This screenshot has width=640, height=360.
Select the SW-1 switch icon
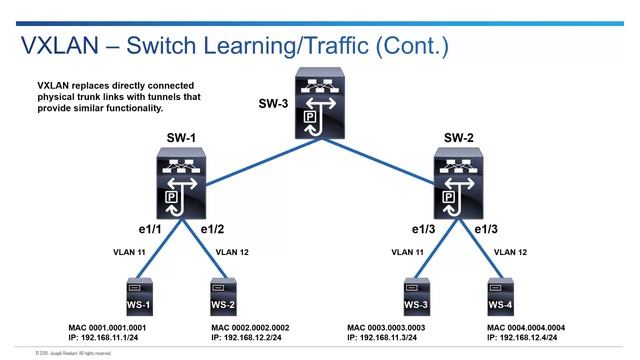(x=182, y=183)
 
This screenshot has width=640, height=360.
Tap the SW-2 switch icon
(x=459, y=183)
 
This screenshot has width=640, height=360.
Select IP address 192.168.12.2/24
(x=258, y=340)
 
